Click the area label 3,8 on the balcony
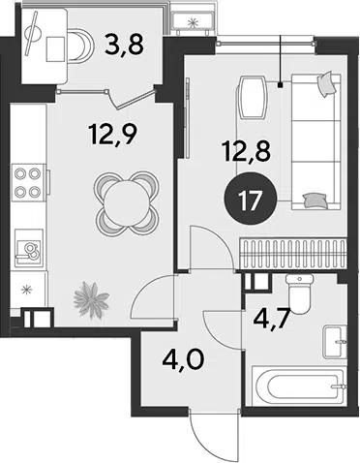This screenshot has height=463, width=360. click(124, 45)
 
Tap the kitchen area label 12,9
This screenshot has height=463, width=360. click(113, 135)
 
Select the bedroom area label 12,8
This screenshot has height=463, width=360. click(246, 152)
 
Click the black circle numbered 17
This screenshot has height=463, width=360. click(251, 201)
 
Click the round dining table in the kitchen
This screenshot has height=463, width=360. click(127, 202)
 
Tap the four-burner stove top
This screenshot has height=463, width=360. click(28, 183)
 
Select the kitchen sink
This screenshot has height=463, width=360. click(29, 248)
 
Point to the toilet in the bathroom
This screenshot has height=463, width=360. click(300, 294)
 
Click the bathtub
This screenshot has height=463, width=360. click(297, 386)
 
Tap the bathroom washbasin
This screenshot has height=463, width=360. click(335, 342)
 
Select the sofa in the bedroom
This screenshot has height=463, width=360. click(315, 142)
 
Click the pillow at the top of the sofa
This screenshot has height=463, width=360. click(326, 83)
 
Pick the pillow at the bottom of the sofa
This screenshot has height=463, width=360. click(316, 200)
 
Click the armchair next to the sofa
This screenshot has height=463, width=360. click(253, 97)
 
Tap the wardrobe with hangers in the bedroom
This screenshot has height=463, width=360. click(293, 254)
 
